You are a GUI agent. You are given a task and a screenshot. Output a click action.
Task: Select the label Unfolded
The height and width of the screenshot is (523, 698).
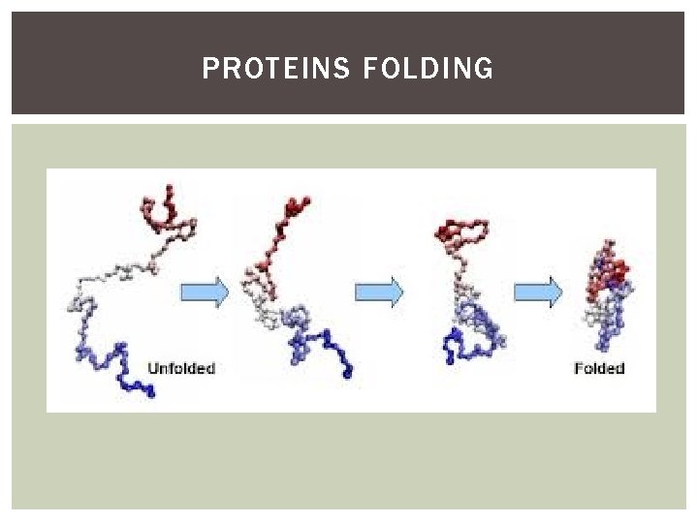point(180,368)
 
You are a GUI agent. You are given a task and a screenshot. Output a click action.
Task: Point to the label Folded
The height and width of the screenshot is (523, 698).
point(599,368)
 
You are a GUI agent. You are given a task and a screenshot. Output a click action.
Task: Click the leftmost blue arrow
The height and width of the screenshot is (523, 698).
point(204,291)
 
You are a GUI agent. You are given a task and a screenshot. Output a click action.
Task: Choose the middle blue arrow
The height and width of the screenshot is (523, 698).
point(378,291)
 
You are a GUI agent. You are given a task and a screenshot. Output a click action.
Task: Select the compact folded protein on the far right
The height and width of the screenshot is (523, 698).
point(606,291)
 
